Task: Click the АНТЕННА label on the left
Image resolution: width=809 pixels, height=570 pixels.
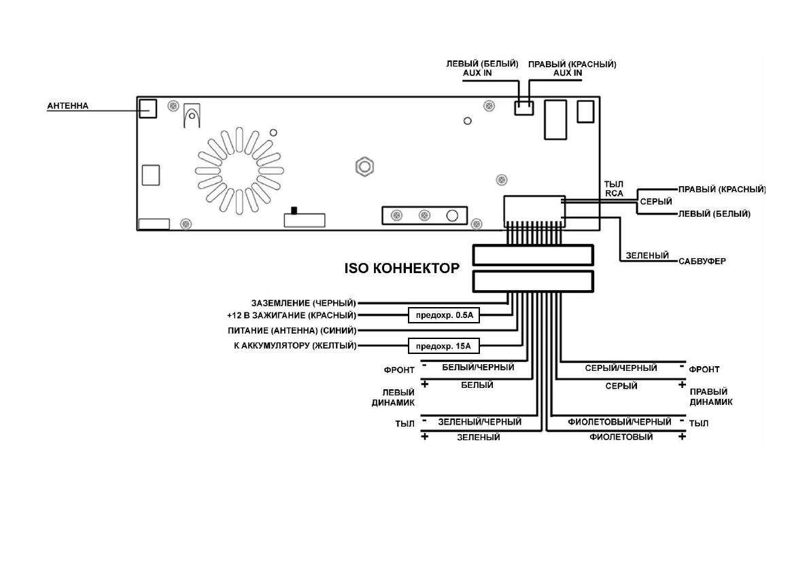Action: (x=67, y=106)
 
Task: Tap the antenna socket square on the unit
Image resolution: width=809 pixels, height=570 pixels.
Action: (x=148, y=107)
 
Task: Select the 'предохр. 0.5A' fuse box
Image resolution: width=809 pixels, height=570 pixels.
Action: (x=443, y=315)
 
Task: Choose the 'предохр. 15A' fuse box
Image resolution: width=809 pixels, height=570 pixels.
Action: (x=443, y=346)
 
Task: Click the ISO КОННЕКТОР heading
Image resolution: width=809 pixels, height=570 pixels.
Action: (x=402, y=268)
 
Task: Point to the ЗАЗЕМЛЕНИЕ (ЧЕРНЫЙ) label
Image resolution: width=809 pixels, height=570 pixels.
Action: (x=304, y=302)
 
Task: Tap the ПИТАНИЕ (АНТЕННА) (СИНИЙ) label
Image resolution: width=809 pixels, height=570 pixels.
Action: (x=292, y=331)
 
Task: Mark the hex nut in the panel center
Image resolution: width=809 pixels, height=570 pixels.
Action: (x=364, y=166)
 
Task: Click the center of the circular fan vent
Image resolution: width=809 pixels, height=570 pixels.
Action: (x=239, y=168)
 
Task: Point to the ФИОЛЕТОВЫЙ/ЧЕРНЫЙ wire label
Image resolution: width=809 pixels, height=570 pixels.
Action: (x=619, y=422)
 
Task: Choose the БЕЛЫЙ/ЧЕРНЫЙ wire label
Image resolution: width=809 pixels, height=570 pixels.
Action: (x=478, y=368)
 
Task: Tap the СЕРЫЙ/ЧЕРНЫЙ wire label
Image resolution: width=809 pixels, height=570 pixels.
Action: (x=621, y=368)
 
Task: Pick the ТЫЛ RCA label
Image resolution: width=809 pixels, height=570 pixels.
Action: (x=614, y=188)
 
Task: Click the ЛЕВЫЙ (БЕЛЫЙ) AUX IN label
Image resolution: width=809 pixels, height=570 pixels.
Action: (x=482, y=68)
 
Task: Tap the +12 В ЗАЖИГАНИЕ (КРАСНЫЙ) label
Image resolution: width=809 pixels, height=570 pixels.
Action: (x=292, y=315)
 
